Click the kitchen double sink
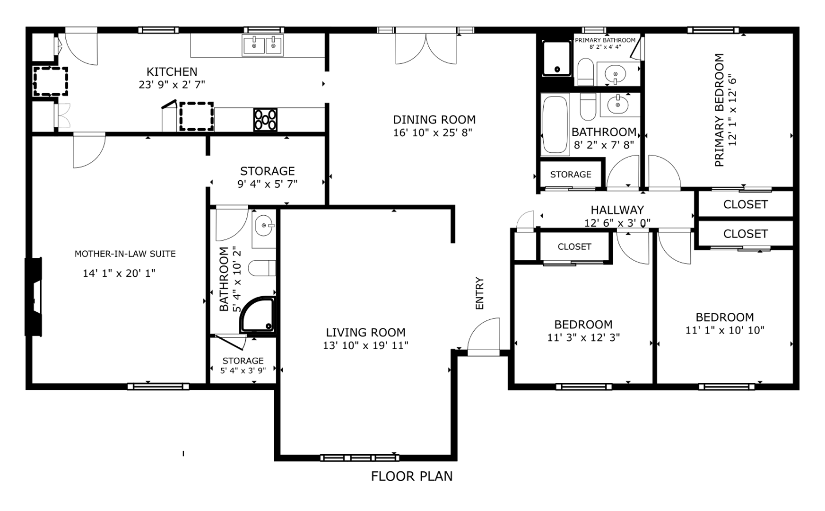[262, 45]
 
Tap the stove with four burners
[265, 119]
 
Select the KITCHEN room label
[172, 72]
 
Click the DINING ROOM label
[434, 120]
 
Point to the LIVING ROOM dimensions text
[365, 345]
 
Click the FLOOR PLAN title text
[412, 476]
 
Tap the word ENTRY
[480, 293]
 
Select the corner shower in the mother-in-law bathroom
[258, 314]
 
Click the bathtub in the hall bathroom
[555, 124]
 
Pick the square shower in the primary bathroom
[557, 58]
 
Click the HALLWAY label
[617, 210]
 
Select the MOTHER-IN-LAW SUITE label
[125, 254]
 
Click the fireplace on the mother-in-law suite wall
[34, 297]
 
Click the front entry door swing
[483, 336]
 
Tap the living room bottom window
[359, 458]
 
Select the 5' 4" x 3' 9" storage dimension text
[243, 370]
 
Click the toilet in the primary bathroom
[586, 72]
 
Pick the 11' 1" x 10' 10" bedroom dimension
[725, 330]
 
